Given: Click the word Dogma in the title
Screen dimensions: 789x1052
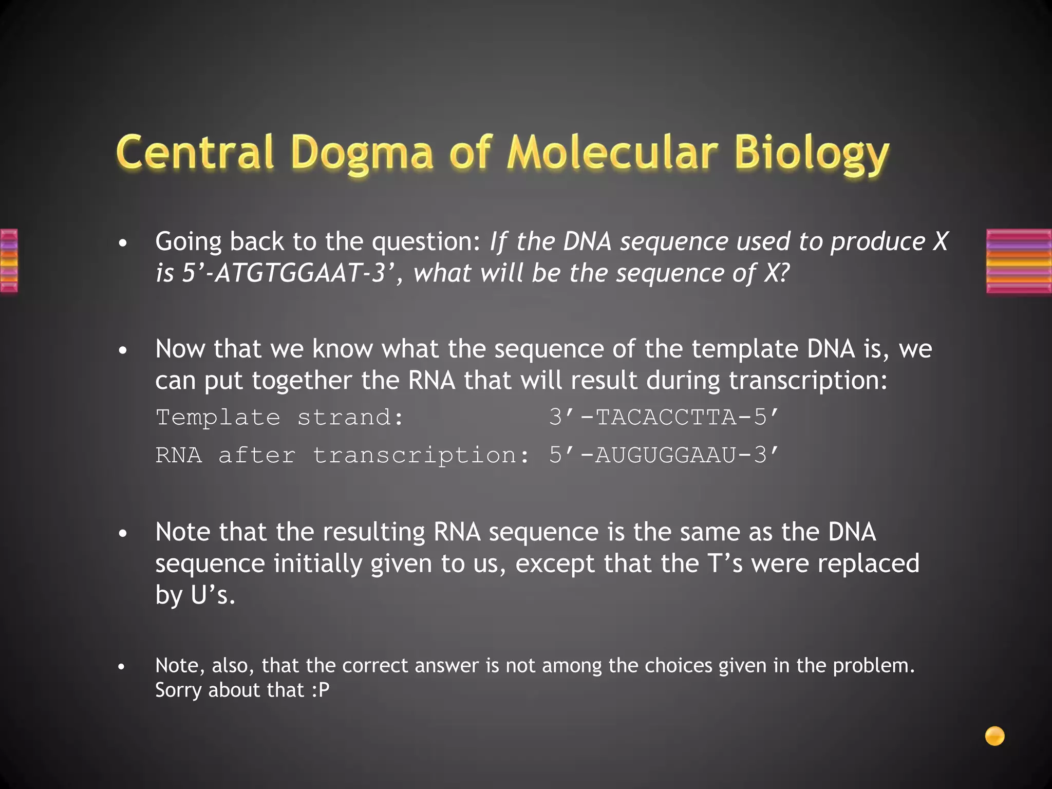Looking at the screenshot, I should click(362, 153).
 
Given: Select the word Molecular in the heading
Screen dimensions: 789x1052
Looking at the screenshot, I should click(612, 152).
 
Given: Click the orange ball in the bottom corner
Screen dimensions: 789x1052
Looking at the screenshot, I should click(994, 736).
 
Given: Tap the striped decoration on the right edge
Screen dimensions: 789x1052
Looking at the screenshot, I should click(1019, 261).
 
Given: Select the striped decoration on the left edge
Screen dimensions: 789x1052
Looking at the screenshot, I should click(9, 261).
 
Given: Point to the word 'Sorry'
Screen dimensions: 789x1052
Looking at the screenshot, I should click(178, 690).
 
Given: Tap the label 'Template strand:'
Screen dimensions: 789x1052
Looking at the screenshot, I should click(280, 417).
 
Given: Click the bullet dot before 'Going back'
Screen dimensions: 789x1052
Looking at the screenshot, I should click(122, 243).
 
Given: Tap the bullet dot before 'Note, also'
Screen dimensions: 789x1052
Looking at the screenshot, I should click(121, 667).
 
